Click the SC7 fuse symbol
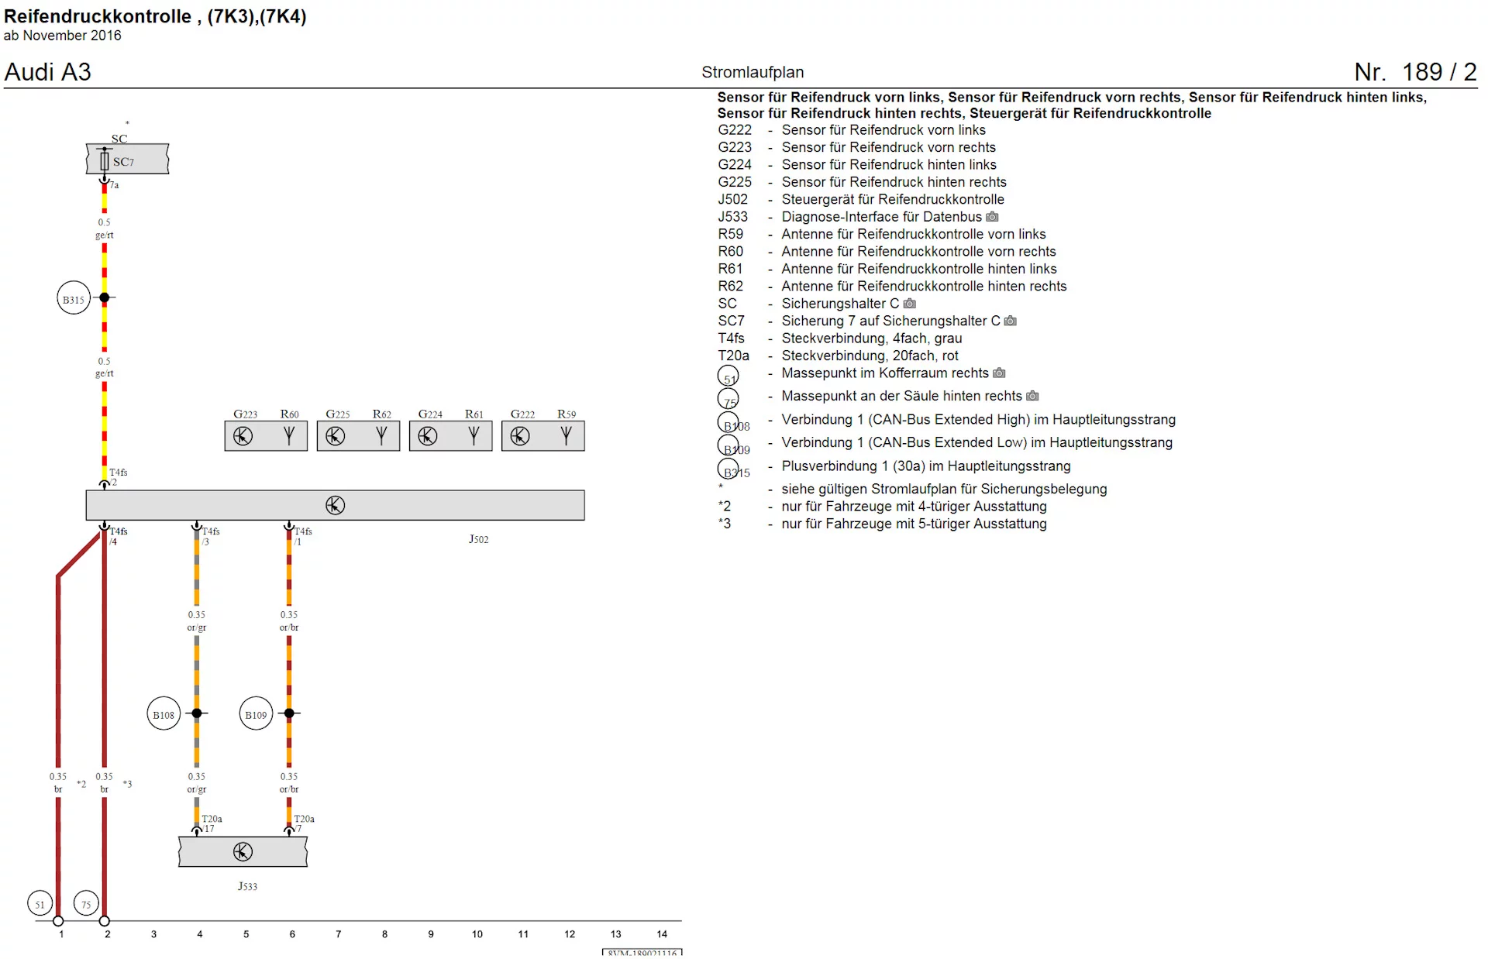pos(105,161)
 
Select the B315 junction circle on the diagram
pos(74,299)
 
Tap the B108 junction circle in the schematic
pos(164,714)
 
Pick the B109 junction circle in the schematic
pos(256,714)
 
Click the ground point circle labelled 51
pos(40,903)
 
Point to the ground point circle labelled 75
pos(86,903)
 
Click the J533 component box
pos(243,852)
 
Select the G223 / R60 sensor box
pos(266,436)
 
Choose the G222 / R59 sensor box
pos(542,436)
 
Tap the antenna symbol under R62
pos(381,436)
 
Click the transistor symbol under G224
pos(428,436)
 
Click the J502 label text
pos(478,539)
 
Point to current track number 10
pos(477,934)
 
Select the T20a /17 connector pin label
pos(211,823)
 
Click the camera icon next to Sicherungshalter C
pos(910,304)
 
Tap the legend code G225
pos(734,182)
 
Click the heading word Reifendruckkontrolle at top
pos(98,16)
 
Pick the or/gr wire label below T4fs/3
pos(196,627)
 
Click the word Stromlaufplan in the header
pos(752,72)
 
